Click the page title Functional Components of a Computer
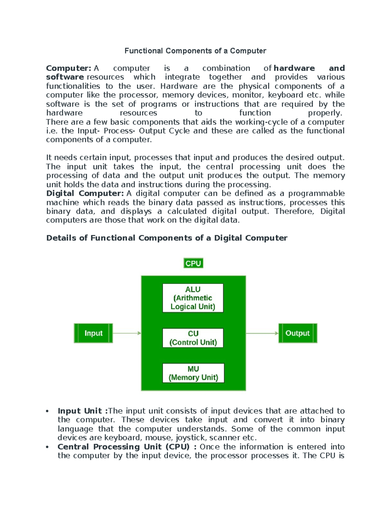click(x=195, y=51)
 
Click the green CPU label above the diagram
click(x=193, y=263)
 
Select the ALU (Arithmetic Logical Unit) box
click(x=193, y=298)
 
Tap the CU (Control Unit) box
click(x=193, y=338)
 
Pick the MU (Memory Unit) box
click(x=193, y=373)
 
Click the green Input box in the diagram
click(x=94, y=333)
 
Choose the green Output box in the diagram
click(x=297, y=333)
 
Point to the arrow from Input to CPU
click(x=127, y=333)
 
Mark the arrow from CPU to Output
click(x=262, y=333)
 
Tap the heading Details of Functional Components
click(x=167, y=238)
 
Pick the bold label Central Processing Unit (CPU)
click(x=123, y=447)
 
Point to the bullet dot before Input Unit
click(x=48, y=411)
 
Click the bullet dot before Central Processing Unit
click(x=48, y=447)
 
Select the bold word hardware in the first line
click(x=294, y=68)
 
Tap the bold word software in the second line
click(x=65, y=77)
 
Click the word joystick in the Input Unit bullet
click(x=191, y=438)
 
